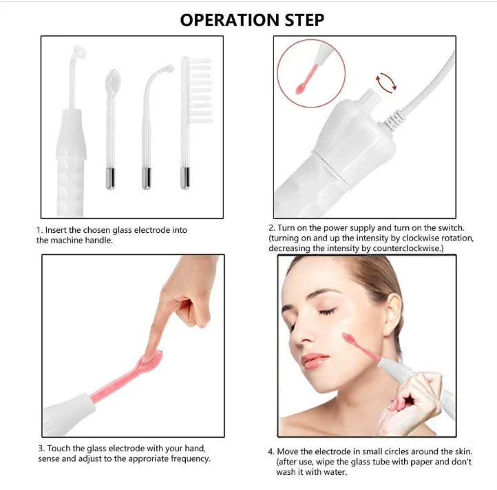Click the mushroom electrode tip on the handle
pyautogui.click(x=78, y=54)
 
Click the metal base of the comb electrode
pyautogui.click(x=185, y=178)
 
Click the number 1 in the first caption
pyautogui.click(x=39, y=230)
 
